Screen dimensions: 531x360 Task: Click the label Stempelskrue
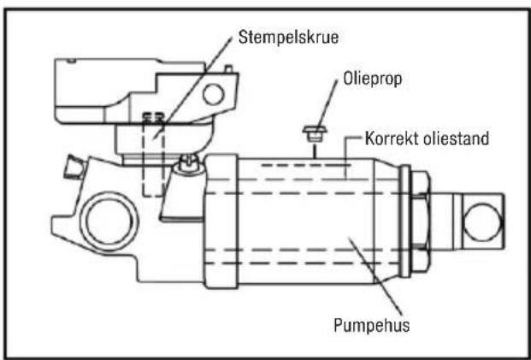click(288, 37)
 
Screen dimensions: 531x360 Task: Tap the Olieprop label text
click(373, 79)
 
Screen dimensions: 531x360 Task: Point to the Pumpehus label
click(371, 325)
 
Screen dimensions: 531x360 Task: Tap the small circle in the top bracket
click(214, 94)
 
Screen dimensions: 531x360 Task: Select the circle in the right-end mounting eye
click(482, 221)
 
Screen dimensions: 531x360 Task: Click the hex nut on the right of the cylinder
click(420, 221)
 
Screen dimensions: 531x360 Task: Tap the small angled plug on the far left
click(74, 167)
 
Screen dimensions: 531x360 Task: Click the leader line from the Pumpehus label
click(375, 277)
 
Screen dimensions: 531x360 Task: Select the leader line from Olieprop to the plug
click(327, 103)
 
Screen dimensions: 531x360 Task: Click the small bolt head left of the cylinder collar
click(186, 162)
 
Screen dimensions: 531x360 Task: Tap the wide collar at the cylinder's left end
click(221, 221)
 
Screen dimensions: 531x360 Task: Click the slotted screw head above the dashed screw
click(153, 117)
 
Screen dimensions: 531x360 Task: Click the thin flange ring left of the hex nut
click(405, 221)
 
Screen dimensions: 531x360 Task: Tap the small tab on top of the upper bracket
click(229, 68)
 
